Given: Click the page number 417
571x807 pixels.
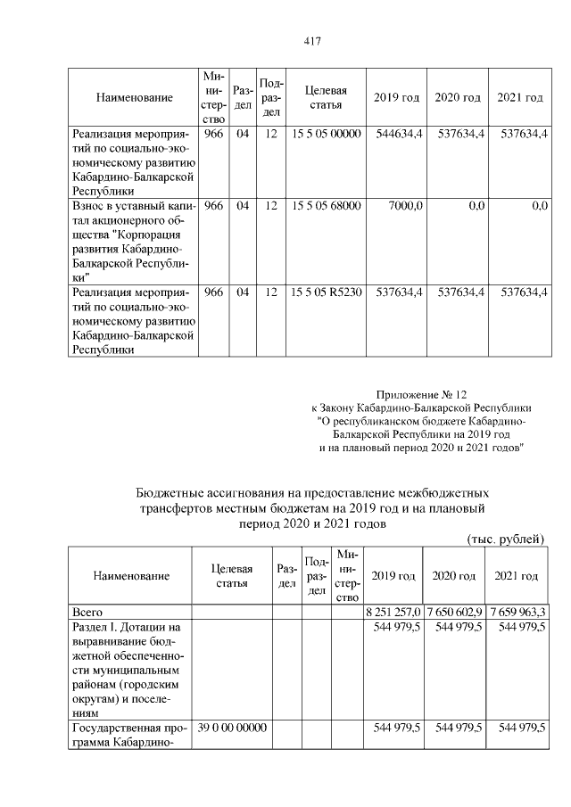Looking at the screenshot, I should click(x=311, y=41).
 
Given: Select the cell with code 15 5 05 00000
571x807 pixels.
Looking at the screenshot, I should click(x=326, y=134).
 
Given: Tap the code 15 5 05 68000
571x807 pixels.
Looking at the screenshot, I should click(x=326, y=206).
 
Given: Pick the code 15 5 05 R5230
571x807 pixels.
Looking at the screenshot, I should click(x=326, y=292).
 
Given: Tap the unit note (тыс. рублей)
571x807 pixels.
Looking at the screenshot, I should click(x=505, y=539).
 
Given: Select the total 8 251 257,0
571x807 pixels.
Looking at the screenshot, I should click(x=393, y=612).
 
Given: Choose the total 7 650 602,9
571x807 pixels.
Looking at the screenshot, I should click(x=453, y=612).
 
